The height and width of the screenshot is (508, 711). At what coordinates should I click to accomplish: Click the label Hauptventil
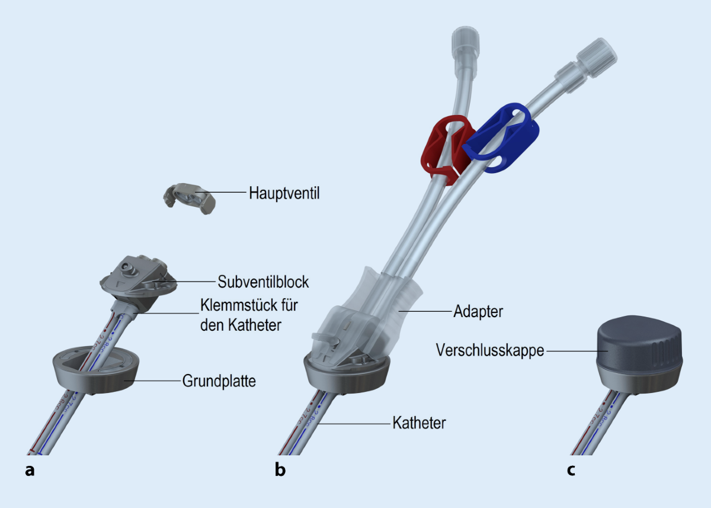(x=284, y=193)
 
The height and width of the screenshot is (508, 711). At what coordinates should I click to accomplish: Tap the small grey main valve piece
(x=188, y=198)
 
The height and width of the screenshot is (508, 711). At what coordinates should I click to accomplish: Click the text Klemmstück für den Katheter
(x=248, y=315)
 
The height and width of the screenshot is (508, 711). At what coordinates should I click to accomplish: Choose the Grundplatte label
(x=219, y=381)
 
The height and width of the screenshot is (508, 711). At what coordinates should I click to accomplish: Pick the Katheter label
(x=419, y=423)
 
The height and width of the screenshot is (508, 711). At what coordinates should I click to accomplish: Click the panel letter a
(x=30, y=471)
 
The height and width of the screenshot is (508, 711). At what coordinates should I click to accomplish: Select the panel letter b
(x=280, y=471)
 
